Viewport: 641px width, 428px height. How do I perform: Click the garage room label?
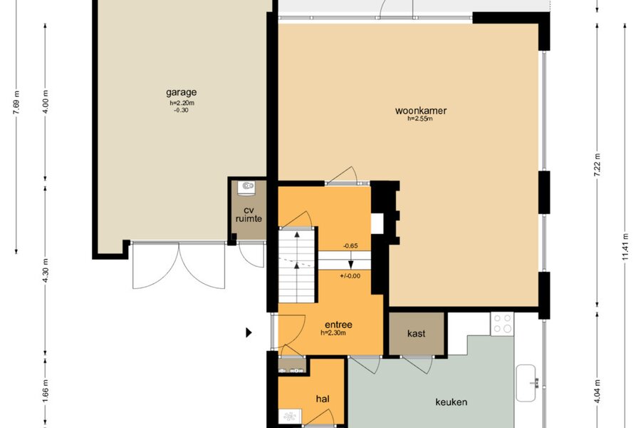pos(181,93)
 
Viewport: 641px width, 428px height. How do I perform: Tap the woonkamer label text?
pos(421,111)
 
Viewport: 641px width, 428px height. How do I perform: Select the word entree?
pos(338,325)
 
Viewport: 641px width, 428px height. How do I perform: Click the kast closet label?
pos(416,333)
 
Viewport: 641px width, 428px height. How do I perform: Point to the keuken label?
pos(452,402)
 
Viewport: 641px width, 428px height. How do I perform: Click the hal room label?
pos(323,399)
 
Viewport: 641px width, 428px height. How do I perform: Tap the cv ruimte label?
pos(249,215)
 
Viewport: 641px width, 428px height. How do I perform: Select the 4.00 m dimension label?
pos(46,101)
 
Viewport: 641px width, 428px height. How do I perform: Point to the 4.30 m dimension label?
pos(46,270)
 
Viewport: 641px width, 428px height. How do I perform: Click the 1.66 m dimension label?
pos(46,390)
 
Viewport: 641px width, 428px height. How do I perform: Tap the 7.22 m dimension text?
pos(598,165)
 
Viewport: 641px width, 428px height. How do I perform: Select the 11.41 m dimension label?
pos(625,247)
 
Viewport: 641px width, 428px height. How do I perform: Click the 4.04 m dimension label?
pos(598,392)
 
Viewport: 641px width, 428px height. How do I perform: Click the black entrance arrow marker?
pos(249,332)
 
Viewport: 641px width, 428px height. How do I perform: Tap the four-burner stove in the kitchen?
pos(502,324)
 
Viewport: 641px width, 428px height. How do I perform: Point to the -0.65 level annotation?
pos(350,245)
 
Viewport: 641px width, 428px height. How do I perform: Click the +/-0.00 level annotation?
pos(350,275)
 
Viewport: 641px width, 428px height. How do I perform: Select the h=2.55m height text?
pos(419,119)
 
